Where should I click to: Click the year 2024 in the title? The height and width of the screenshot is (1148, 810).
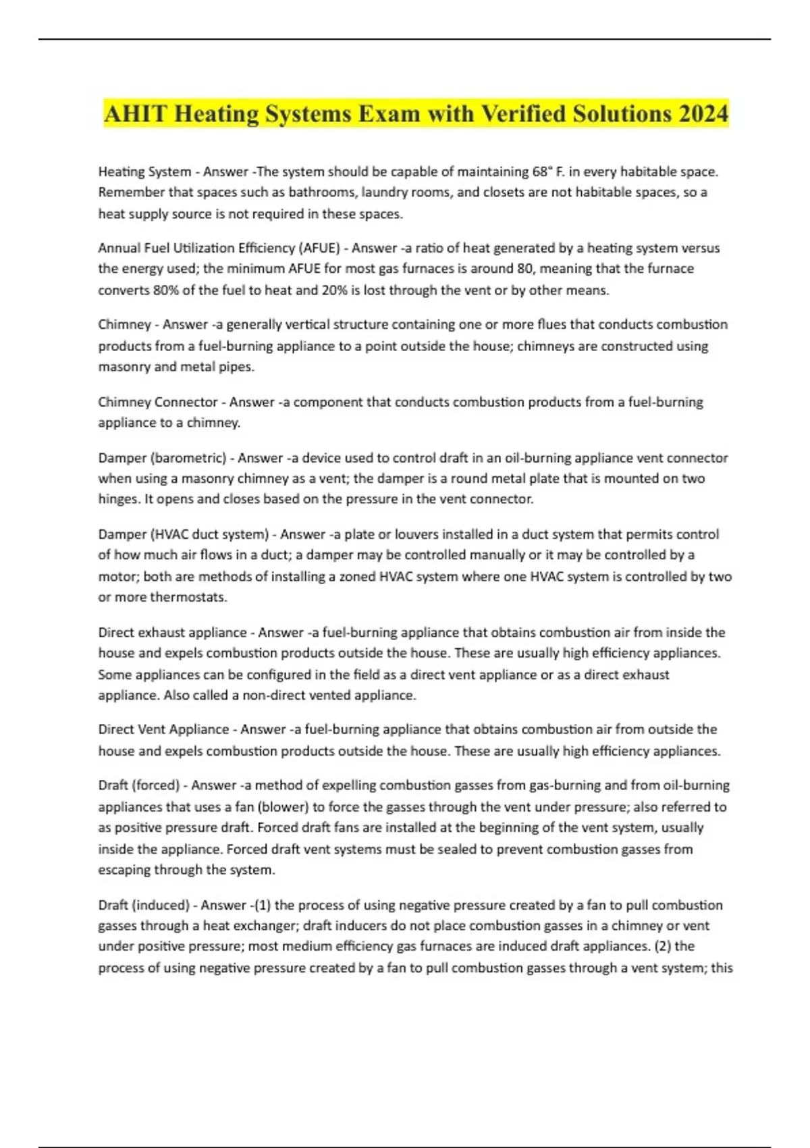(x=703, y=113)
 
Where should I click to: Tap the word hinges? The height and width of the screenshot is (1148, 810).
(x=118, y=499)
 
